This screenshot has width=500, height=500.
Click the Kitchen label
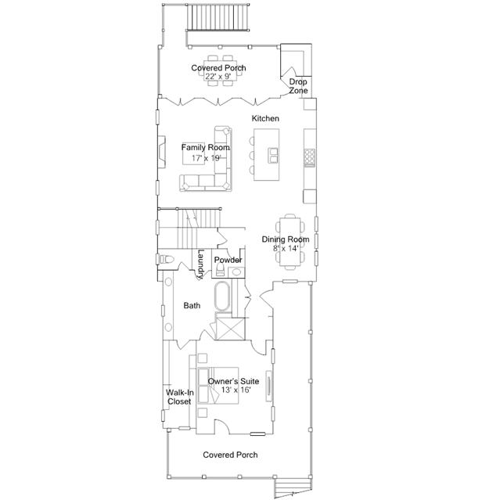[x=265, y=118]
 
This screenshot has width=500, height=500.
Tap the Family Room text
[x=205, y=147]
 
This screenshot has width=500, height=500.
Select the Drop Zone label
[x=298, y=86]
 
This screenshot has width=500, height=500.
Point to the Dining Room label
[x=286, y=239]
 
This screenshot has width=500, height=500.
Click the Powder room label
[x=228, y=260]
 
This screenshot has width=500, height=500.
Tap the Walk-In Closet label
[x=179, y=397]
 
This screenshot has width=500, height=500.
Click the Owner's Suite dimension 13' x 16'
[x=236, y=390]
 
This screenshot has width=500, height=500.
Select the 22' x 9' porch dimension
[x=218, y=77]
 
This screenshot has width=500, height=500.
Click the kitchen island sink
[x=272, y=155]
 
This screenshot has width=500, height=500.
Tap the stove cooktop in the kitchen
[x=309, y=157]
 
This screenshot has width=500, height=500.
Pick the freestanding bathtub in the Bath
[x=222, y=297]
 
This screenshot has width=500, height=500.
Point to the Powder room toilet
[x=220, y=270]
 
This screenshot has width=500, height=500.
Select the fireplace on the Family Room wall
[x=162, y=152]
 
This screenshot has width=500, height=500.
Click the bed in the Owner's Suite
[x=218, y=386]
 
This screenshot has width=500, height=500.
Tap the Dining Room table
[x=290, y=242]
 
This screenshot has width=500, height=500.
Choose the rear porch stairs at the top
[x=218, y=17]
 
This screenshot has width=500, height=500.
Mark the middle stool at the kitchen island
[x=252, y=155]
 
